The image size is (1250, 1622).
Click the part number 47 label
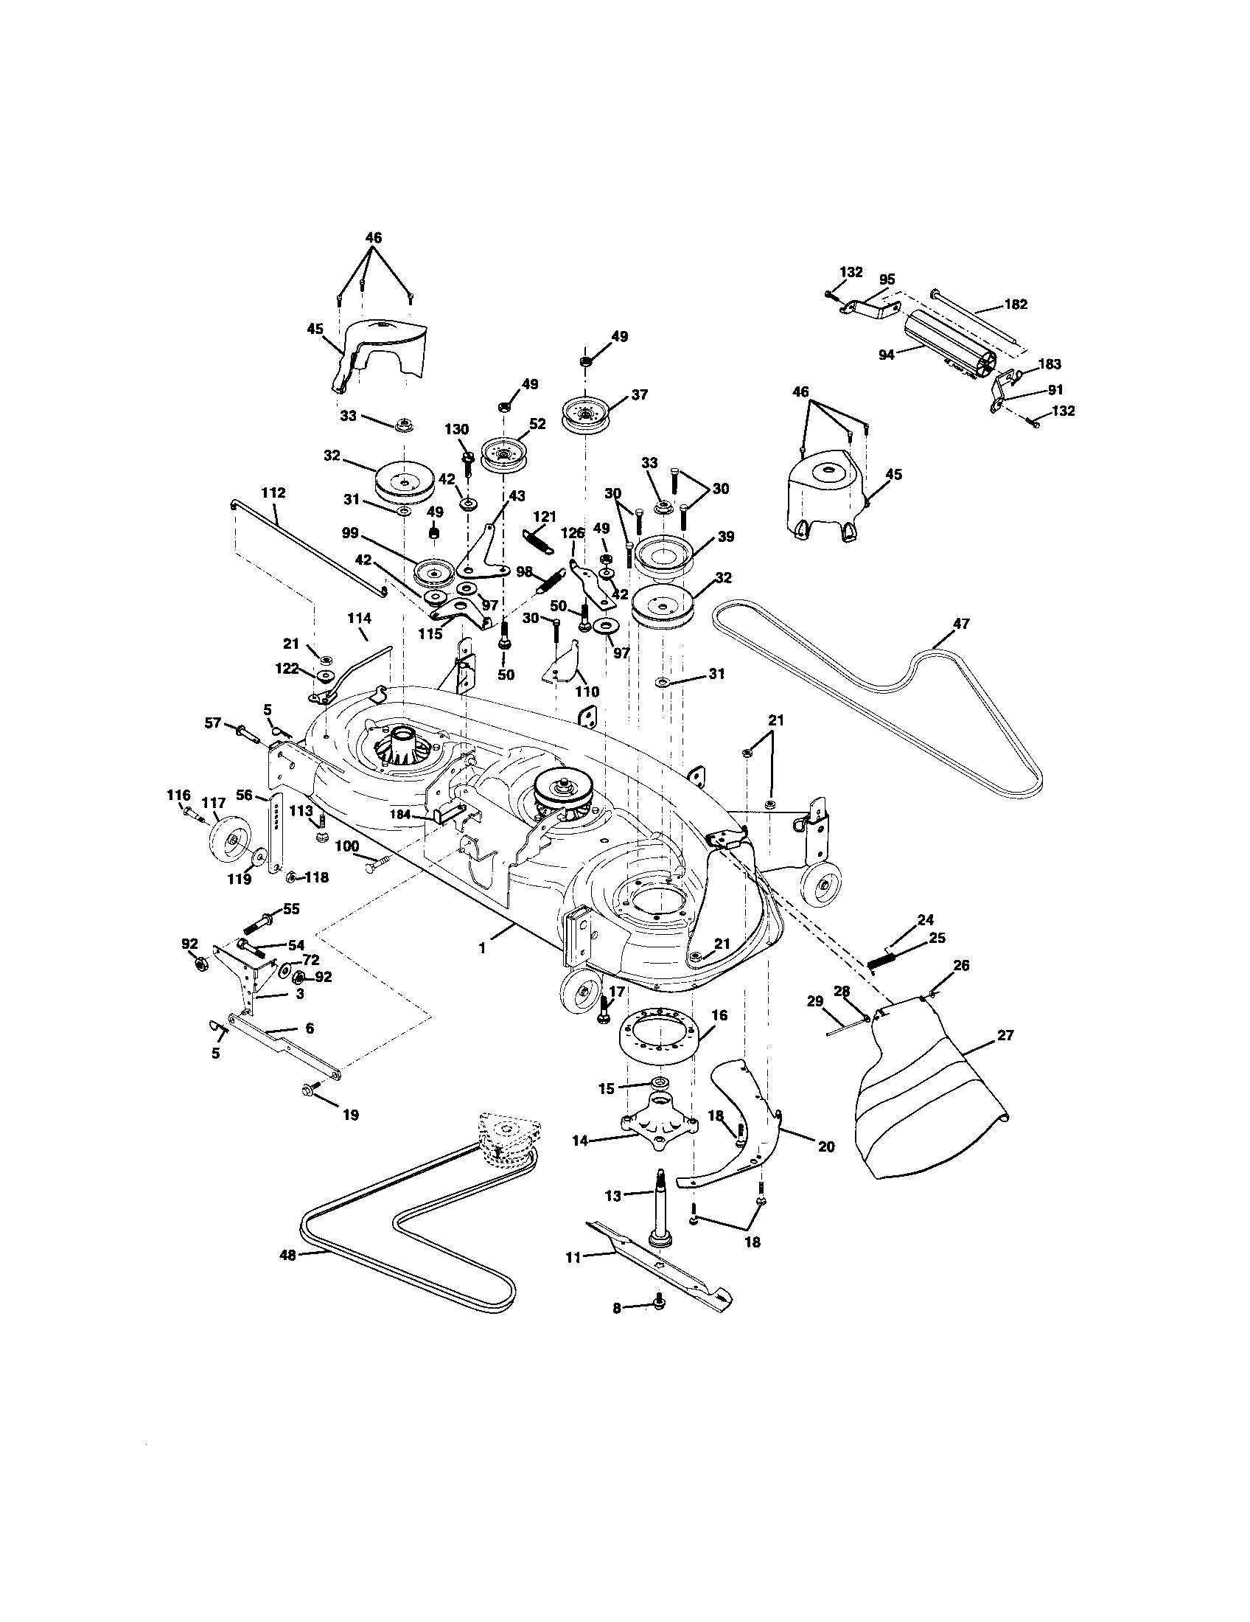[x=961, y=624]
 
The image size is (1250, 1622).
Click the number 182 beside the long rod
[x=1016, y=304]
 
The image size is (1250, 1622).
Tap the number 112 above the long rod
[x=274, y=493]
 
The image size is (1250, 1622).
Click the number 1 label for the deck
[x=483, y=948]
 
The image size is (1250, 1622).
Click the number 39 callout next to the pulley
[x=726, y=536]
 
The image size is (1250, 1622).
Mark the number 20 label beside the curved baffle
[x=826, y=1146]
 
